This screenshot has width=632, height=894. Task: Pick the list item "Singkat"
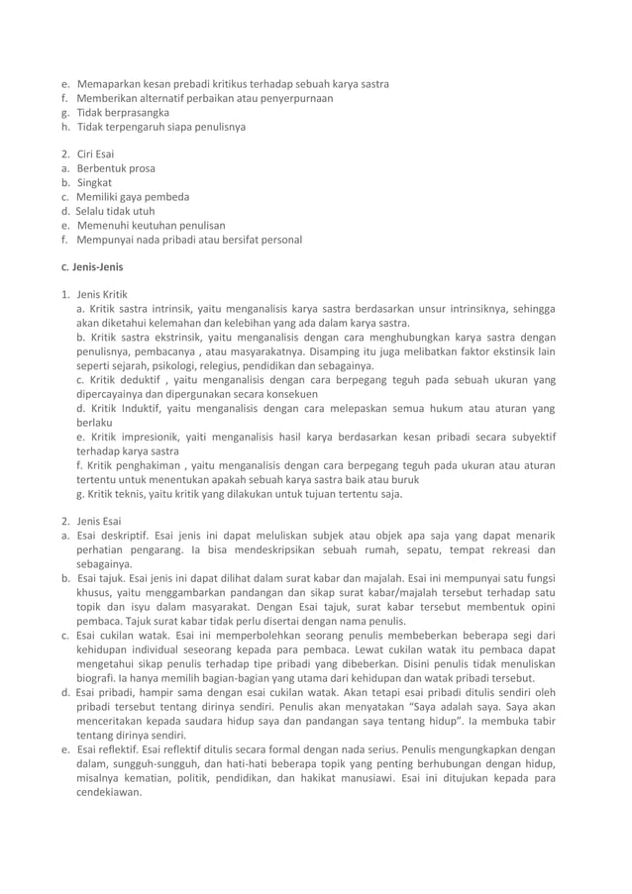click(x=95, y=182)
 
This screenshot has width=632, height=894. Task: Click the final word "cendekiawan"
click(x=110, y=792)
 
